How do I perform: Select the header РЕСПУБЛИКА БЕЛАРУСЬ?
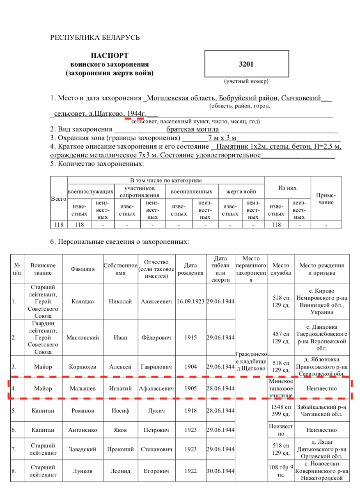coord(95,38)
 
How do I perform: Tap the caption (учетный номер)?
coord(246,81)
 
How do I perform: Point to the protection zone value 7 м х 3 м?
coord(222,137)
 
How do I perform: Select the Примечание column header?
coord(326,199)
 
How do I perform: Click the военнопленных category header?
coord(191,192)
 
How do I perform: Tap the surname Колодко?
coord(82,302)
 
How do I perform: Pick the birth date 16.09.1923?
coord(190,302)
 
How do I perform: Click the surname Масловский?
coord(83,338)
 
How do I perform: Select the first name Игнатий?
coord(120,388)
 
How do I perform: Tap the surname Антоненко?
coord(83,430)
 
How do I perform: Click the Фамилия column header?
coord(83,269)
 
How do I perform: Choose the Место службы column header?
coord(281,269)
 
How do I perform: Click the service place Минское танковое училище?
coord(281,388)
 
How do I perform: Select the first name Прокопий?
coord(120,449)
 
